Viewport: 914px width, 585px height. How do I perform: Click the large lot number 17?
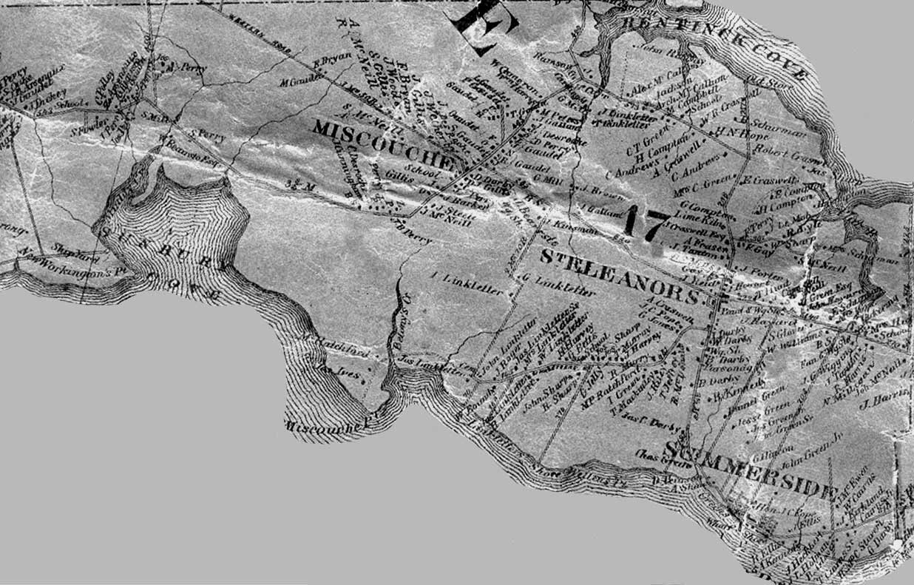[643, 223]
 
